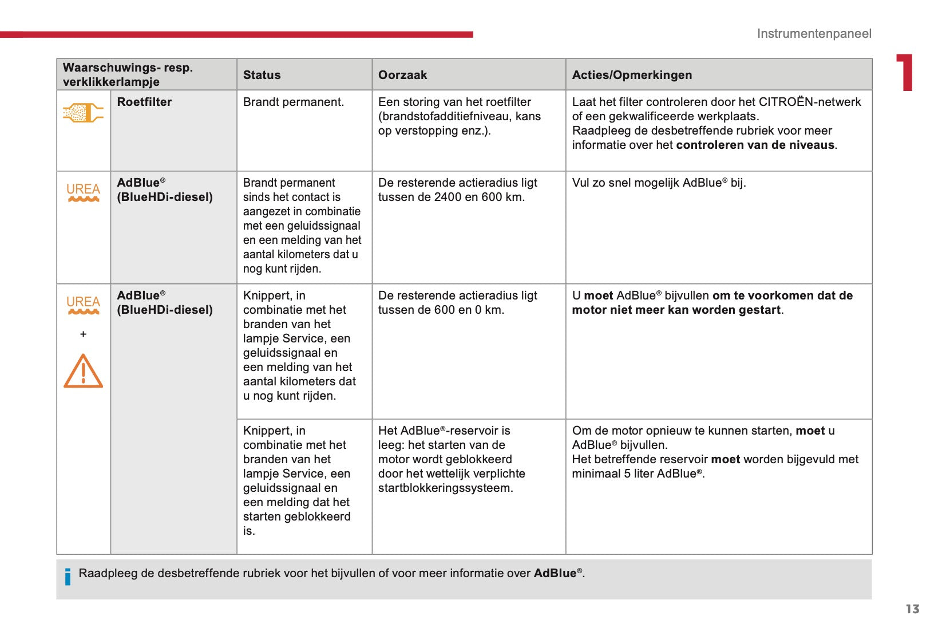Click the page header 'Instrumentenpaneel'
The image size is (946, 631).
pyautogui.click(x=814, y=34)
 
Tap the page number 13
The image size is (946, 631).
pyautogui.click(x=912, y=609)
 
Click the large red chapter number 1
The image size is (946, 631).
pyautogui.click(x=905, y=73)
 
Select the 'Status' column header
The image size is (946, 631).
pyautogui.click(x=262, y=75)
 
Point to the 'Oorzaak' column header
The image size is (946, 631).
pyautogui.click(x=402, y=75)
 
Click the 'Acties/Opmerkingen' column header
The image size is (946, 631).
pyautogui.click(x=632, y=75)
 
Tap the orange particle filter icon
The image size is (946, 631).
pyautogui.click(x=83, y=112)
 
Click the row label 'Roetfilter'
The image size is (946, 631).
pyautogui.click(x=144, y=102)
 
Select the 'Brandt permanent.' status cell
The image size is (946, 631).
pyautogui.click(x=293, y=102)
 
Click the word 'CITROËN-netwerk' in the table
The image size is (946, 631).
pyautogui.click(x=809, y=102)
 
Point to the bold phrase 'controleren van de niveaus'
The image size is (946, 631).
pyautogui.click(x=755, y=145)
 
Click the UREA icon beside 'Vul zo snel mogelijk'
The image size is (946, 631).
pyautogui.click(x=83, y=192)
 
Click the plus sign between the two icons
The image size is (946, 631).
pyautogui.click(x=83, y=334)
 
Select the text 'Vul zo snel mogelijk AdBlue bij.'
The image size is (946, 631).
pyautogui.click(x=659, y=183)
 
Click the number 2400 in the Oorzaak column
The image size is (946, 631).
pyautogui.click(x=447, y=197)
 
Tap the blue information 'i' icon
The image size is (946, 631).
pyautogui.click(x=68, y=577)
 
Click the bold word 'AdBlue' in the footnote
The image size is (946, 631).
pyautogui.click(x=555, y=573)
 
